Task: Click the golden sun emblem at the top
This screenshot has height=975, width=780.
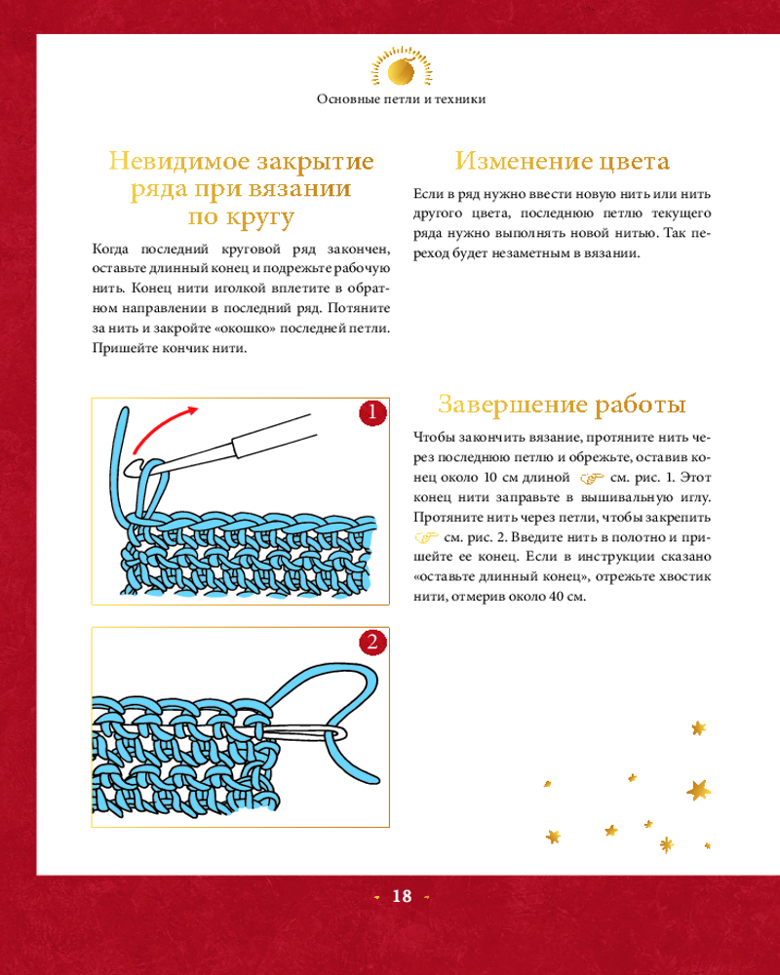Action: (x=401, y=67)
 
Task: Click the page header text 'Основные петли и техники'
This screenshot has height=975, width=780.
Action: (x=401, y=99)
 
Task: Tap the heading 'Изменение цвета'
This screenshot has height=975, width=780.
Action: (x=563, y=161)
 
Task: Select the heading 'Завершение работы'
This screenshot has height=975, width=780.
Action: (x=563, y=405)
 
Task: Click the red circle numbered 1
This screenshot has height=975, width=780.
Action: (x=372, y=412)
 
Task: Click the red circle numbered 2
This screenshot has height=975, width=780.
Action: (x=372, y=642)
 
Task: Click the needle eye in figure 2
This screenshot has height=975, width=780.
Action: (x=333, y=733)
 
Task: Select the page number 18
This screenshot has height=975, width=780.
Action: (x=402, y=896)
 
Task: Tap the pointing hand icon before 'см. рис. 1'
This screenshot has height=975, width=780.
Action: (x=592, y=478)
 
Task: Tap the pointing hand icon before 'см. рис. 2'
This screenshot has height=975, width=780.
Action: (x=427, y=537)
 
